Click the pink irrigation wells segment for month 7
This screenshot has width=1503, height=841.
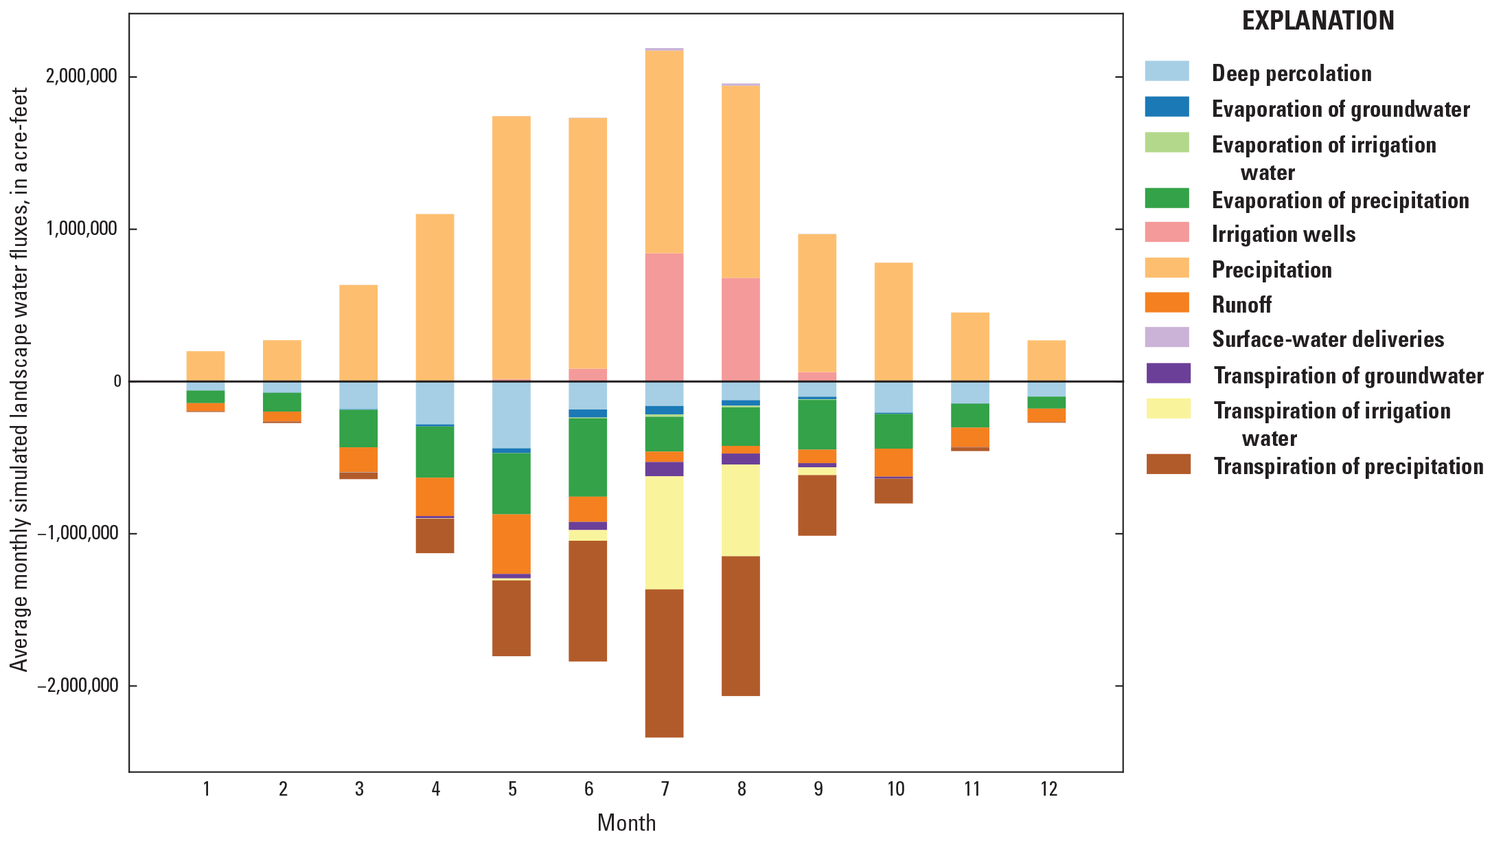(664, 317)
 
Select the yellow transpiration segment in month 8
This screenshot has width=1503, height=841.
(740, 510)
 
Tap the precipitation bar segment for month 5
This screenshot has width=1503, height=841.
(512, 247)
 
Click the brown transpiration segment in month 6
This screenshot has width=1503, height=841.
(588, 601)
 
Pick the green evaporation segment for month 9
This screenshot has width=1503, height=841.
(817, 424)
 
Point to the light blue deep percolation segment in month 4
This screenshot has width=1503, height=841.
(435, 403)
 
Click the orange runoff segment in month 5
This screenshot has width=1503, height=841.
(512, 543)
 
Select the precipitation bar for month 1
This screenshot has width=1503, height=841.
(205, 366)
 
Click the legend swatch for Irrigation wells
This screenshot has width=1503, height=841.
(1167, 232)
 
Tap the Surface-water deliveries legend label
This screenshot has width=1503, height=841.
(1327, 339)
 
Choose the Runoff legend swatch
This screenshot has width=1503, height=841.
(1167, 303)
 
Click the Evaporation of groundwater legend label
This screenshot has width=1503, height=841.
(1340, 109)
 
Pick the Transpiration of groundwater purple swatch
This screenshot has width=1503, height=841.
(1168, 374)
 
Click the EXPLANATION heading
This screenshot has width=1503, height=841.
(1318, 21)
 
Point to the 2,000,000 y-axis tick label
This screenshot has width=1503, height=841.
(82, 76)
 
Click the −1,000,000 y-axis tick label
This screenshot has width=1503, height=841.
(77, 533)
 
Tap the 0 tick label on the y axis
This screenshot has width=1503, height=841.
(117, 381)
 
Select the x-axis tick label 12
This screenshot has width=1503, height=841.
(1048, 789)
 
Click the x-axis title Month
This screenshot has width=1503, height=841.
(626, 822)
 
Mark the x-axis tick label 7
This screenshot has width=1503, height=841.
(665, 789)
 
